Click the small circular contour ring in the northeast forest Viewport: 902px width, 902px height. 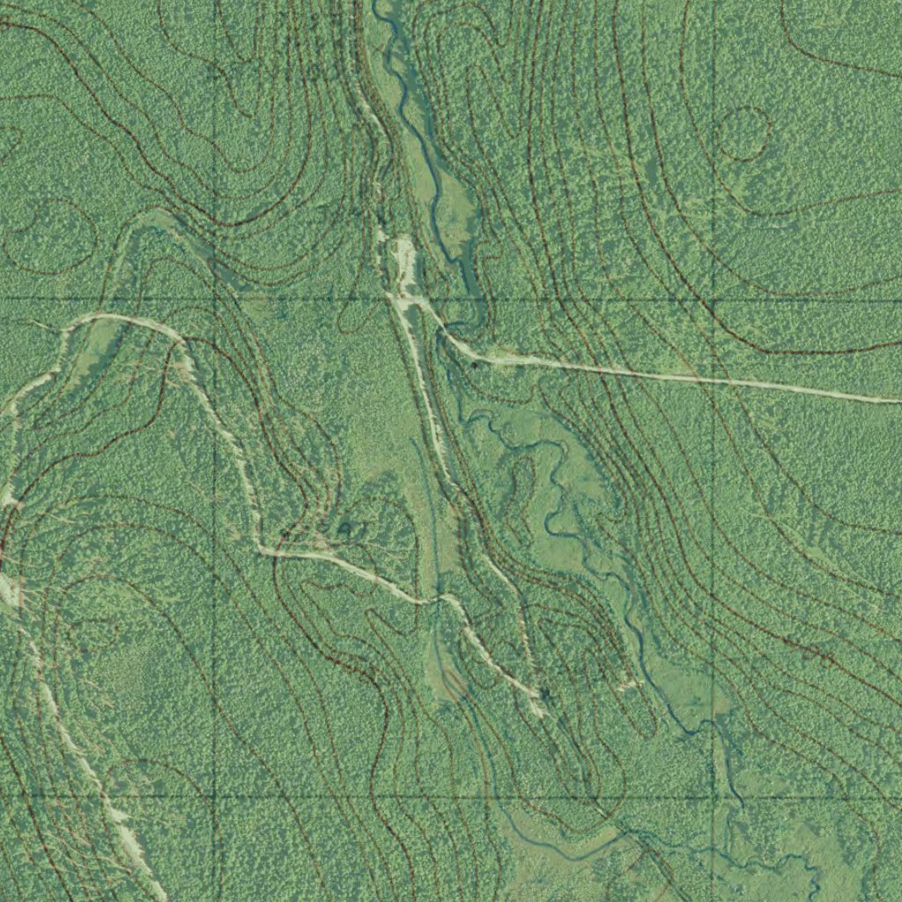(745, 134)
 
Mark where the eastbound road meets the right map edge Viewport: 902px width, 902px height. (898, 401)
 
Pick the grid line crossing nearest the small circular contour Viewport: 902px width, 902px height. (712, 299)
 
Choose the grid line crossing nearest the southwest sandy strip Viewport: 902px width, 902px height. (215, 797)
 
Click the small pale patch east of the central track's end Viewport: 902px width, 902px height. (629, 683)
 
